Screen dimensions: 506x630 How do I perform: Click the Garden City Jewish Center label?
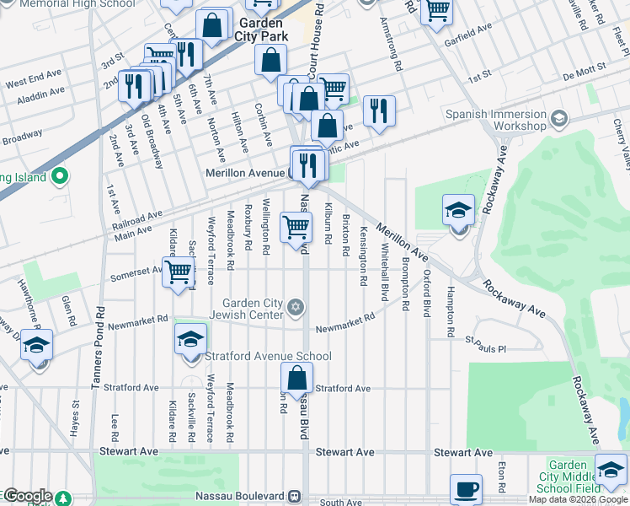click(x=253, y=310)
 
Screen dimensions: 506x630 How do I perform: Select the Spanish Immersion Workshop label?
click(x=496, y=120)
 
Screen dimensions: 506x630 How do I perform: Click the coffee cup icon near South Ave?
click(x=465, y=488)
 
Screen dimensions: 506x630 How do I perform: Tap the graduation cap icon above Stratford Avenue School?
click(x=191, y=339)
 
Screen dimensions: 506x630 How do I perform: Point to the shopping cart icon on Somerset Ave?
click(x=178, y=273)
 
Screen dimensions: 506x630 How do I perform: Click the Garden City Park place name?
click(x=262, y=30)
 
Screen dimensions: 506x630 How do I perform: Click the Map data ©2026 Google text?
click(x=578, y=499)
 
